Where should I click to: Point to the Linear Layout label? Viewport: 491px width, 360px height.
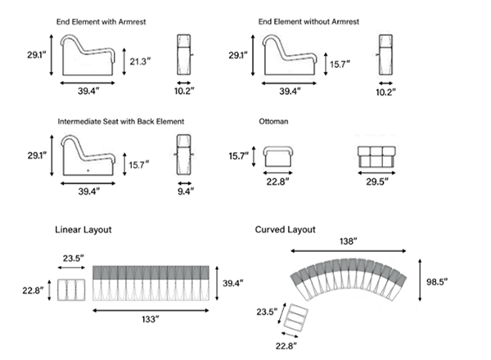[83, 230]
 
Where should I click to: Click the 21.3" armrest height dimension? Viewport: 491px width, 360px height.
[137, 60]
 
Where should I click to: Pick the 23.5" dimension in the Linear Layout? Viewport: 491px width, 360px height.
[72, 259]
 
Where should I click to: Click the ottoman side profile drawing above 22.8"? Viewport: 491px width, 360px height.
[278, 155]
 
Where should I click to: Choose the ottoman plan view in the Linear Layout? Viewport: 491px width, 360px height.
[71, 290]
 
